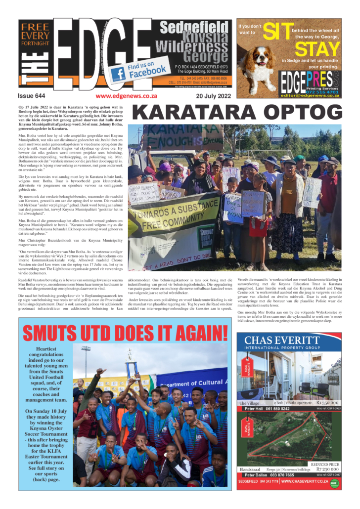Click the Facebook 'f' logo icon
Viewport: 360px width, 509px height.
click(118, 74)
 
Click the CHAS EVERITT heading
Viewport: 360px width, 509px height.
click(289, 340)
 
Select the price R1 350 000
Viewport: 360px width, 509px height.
click(328, 403)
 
